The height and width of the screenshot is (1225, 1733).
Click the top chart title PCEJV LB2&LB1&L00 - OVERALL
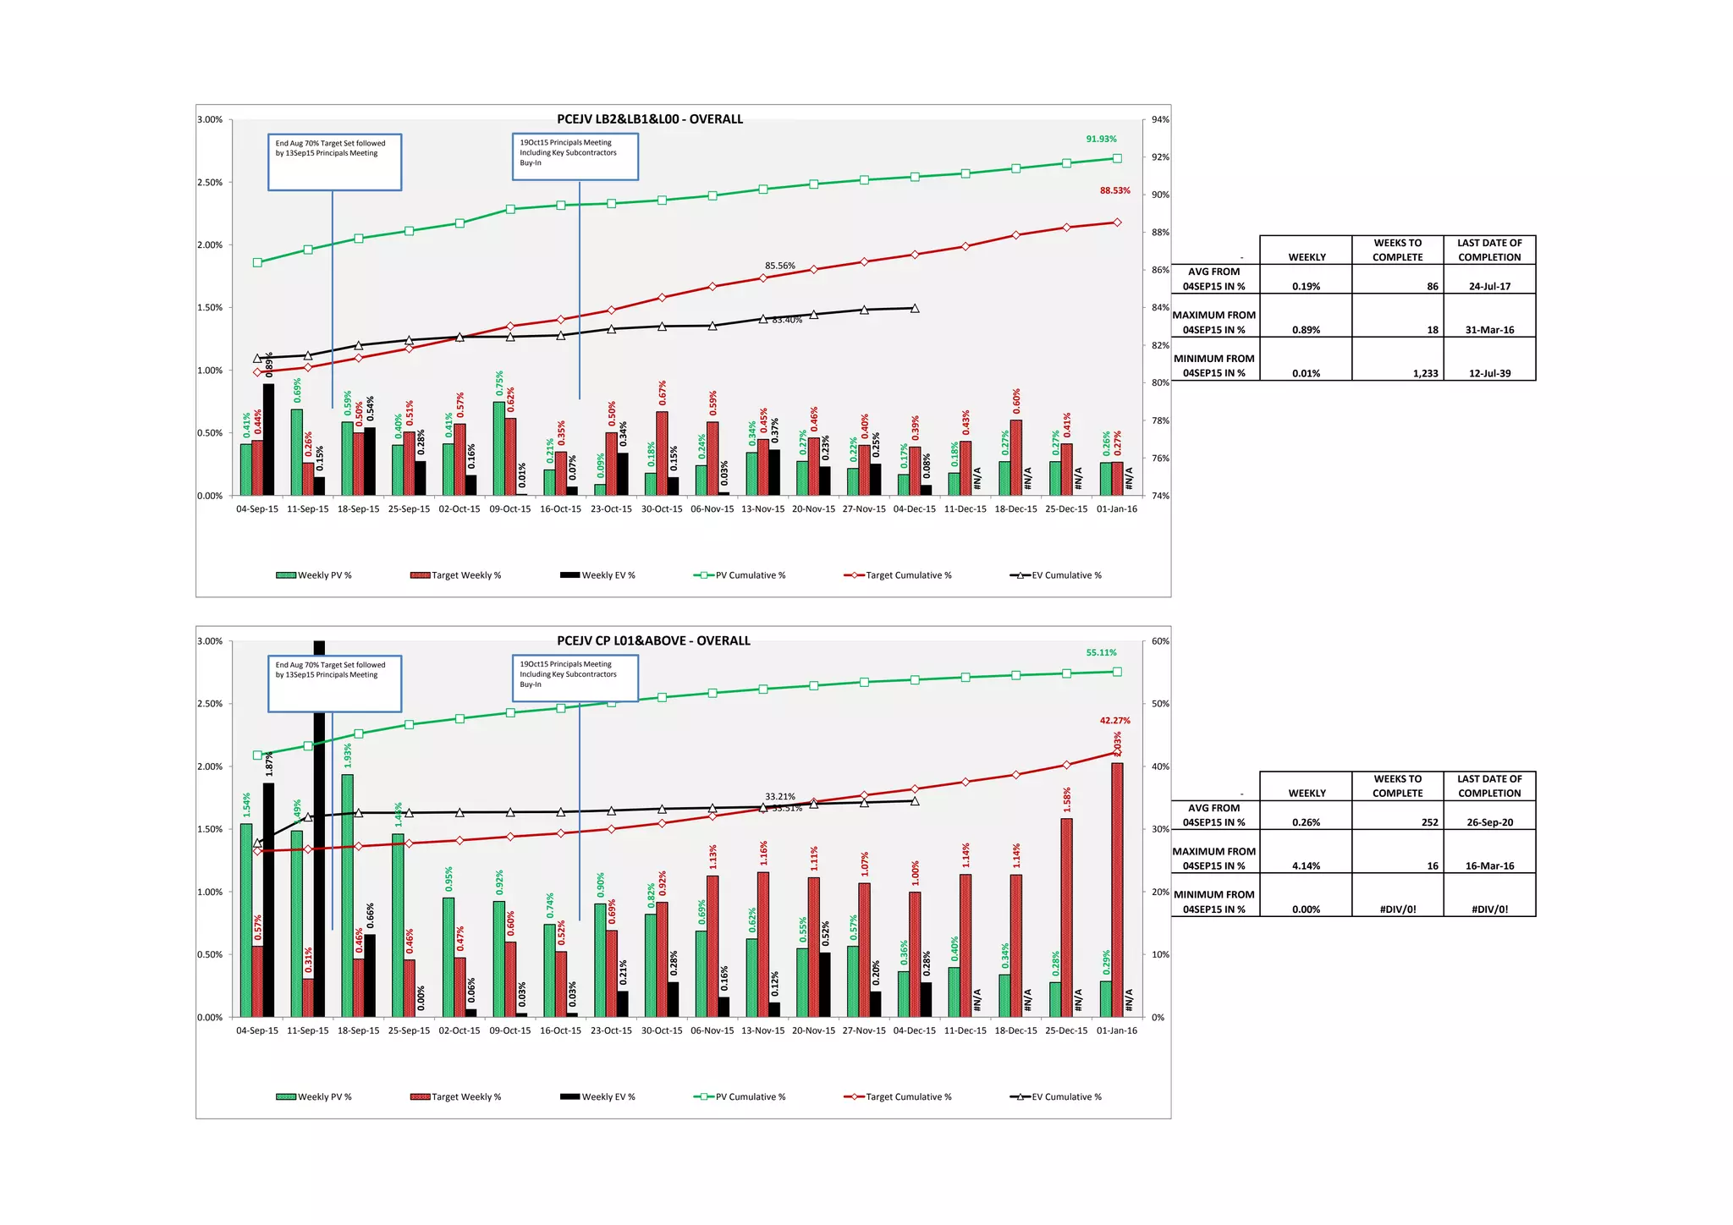click(x=649, y=119)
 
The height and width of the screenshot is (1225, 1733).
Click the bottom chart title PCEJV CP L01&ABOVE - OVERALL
click(x=653, y=640)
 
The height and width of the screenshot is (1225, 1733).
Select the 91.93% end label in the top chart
click(x=1101, y=139)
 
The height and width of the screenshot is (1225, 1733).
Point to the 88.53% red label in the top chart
click(x=1114, y=190)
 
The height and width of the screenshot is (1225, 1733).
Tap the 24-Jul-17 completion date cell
click(x=1489, y=286)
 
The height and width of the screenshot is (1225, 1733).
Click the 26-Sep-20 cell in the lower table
click(x=1489, y=822)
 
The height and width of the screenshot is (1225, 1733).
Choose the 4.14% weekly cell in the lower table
click(x=1306, y=865)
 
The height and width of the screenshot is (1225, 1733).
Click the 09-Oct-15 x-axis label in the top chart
click(x=510, y=509)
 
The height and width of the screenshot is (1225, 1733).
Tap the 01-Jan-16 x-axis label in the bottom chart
click(x=1117, y=1030)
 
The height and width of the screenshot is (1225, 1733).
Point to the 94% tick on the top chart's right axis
click(x=1161, y=120)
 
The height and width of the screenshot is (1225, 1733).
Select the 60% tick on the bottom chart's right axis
click(x=1161, y=641)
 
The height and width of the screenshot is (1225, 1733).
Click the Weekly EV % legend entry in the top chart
click(x=597, y=575)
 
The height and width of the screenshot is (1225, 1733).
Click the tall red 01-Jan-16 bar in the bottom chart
click(x=1117, y=888)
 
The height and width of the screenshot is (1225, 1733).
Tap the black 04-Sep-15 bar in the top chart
click(x=268, y=440)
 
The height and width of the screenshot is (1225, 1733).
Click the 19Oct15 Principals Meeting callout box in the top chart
click(x=575, y=157)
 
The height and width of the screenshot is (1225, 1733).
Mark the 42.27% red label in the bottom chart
click(x=1114, y=721)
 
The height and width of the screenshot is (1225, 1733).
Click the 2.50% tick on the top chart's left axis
click(x=210, y=183)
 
